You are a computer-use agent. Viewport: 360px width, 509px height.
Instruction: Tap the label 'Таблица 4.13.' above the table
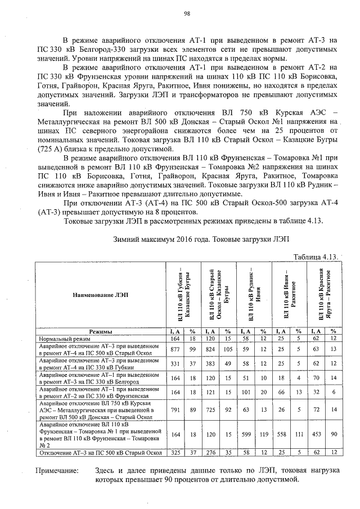pos(316,256)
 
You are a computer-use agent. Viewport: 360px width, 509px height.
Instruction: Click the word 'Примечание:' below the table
pos(57,470)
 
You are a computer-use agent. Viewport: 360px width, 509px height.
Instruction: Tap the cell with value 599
pos(245,434)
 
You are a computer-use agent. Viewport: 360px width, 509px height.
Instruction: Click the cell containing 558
pos(281,434)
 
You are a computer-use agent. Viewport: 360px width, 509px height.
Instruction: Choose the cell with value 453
pos(316,434)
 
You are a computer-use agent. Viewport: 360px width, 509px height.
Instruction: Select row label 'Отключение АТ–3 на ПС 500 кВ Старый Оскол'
pos(100,452)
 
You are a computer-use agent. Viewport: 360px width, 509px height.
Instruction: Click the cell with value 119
pos(263,434)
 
